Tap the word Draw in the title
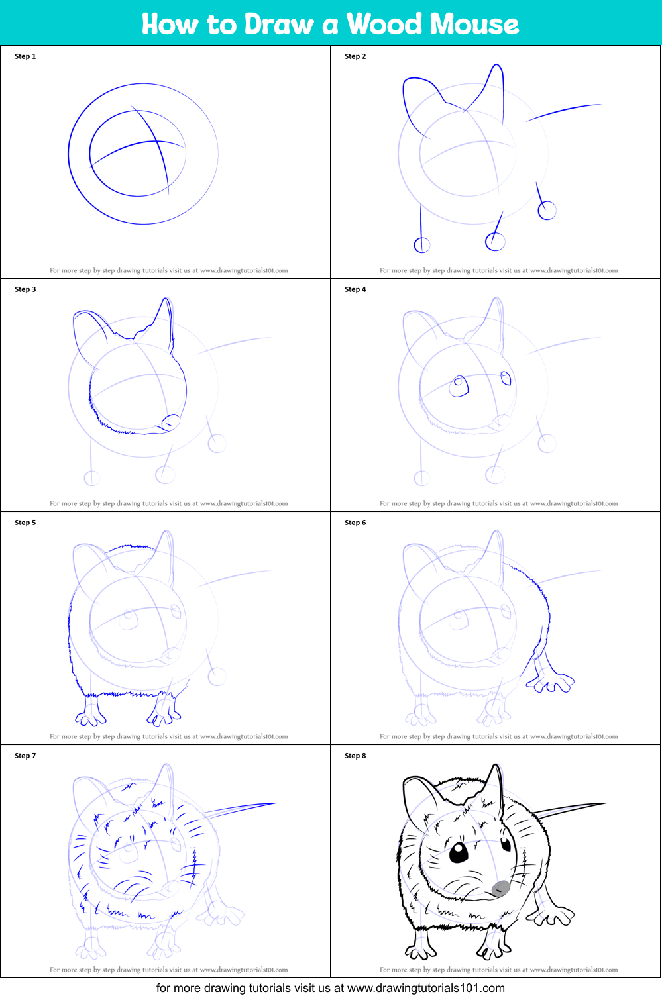tap(279, 24)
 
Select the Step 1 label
tap(25, 56)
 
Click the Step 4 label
tap(355, 289)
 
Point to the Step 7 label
tap(25, 756)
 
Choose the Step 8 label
tap(355, 756)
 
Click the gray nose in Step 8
tap(502, 887)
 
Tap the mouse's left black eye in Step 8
tap(459, 853)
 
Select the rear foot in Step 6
tap(551, 681)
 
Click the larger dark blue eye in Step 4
tap(459, 386)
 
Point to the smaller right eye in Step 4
tap(506, 378)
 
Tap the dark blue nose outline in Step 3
tap(171, 421)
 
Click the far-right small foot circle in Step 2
tap(547, 211)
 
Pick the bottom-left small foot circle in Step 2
tap(422, 245)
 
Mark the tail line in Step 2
tap(563, 111)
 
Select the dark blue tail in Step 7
tap(239, 809)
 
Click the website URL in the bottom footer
tap(425, 988)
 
